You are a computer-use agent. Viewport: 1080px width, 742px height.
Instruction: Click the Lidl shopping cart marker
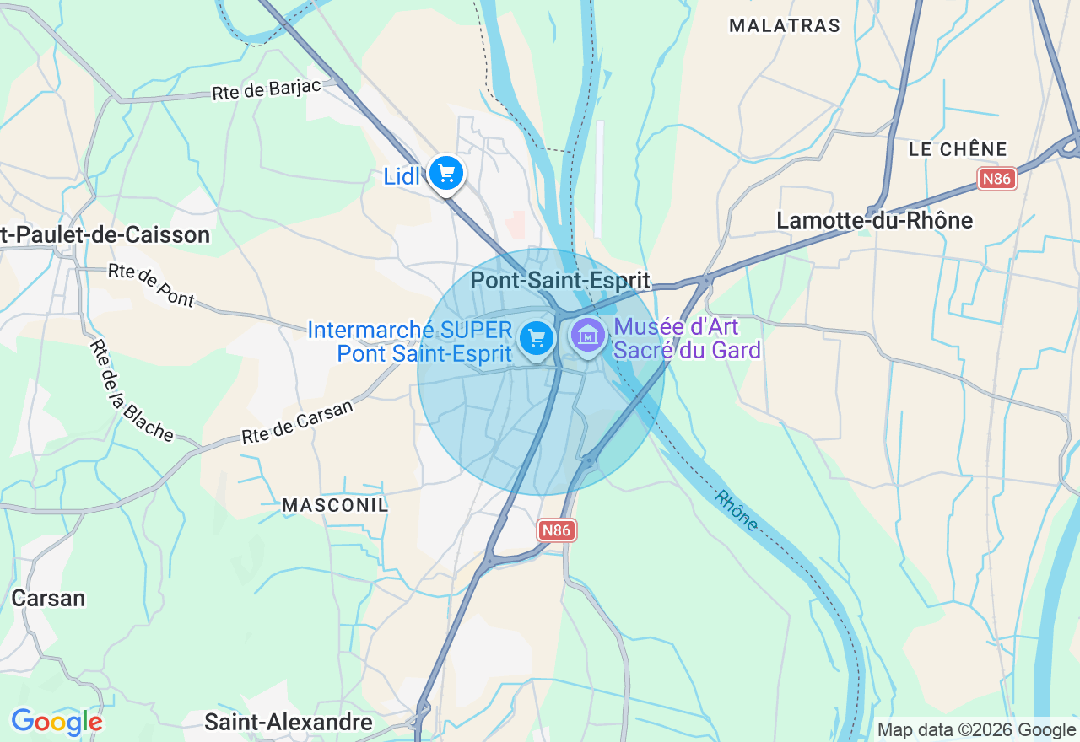click(445, 174)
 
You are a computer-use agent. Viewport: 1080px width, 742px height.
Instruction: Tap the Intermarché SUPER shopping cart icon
click(537, 339)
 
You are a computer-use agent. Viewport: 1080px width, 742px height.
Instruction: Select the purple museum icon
click(588, 336)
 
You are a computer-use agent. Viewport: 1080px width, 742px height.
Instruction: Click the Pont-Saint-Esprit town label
click(560, 280)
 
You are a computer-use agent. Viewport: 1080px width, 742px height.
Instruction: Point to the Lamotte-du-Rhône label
click(874, 221)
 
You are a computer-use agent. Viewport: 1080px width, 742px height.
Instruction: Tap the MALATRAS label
click(785, 25)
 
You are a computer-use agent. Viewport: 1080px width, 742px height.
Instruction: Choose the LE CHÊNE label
click(958, 149)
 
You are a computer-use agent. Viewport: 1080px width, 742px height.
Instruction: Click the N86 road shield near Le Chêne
click(997, 178)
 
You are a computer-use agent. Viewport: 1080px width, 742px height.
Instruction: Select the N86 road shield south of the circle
click(557, 530)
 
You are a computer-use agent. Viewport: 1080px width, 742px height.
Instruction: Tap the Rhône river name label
click(736, 510)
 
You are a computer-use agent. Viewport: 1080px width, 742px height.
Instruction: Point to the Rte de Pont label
click(152, 285)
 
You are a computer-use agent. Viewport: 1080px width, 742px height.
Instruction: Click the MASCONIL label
click(335, 505)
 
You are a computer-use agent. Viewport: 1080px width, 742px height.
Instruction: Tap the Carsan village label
click(48, 598)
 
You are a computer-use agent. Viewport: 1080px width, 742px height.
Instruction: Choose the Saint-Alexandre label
click(289, 722)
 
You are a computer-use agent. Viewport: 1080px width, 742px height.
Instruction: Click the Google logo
click(57, 722)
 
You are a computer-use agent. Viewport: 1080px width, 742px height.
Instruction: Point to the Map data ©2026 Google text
click(976, 730)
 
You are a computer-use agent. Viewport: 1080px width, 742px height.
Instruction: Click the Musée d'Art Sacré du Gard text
click(688, 338)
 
